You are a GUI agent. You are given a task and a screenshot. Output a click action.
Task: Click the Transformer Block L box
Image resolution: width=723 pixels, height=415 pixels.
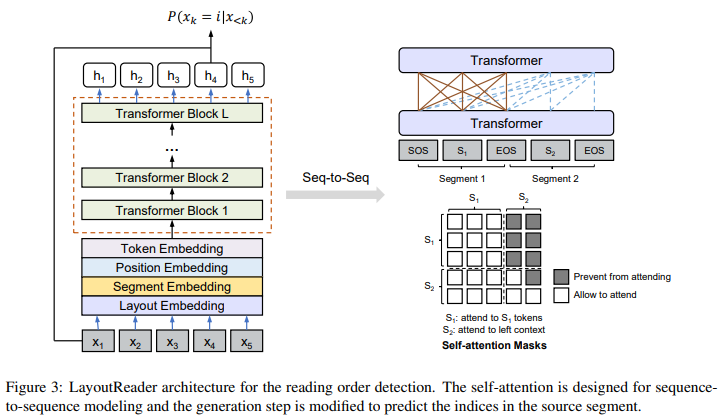click(x=172, y=113)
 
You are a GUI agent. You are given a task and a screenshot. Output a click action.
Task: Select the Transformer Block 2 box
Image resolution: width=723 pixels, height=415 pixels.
click(x=172, y=178)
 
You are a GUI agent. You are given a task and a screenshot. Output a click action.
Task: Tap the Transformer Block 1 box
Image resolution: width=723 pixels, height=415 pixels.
click(x=172, y=210)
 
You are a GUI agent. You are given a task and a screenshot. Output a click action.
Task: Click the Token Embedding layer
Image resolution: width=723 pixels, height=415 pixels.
click(x=172, y=248)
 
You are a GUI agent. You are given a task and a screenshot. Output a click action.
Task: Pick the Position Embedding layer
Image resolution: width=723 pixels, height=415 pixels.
click(x=172, y=267)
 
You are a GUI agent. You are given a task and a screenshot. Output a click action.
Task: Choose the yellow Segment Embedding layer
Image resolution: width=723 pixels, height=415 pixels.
click(x=172, y=286)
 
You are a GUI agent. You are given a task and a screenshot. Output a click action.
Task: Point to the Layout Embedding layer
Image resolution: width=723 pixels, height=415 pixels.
click(x=172, y=306)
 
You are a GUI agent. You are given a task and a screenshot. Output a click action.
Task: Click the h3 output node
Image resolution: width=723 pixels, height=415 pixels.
click(x=173, y=75)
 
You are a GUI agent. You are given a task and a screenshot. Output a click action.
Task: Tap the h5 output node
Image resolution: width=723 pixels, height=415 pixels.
click(x=248, y=75)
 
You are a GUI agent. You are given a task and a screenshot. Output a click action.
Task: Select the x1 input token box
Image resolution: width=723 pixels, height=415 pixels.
click(x=98, y=341)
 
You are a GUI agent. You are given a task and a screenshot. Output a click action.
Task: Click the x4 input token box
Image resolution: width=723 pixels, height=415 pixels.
click(x=209, y=341)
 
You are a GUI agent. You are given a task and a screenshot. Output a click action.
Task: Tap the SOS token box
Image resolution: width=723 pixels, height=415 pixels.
click(x=418, y=150)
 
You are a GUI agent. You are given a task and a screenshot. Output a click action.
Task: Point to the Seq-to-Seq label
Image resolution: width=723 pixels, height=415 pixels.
click(x=336, y=178)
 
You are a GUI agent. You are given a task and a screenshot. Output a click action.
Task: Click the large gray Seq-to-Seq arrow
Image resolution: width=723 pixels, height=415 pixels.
click(x=335, y=195)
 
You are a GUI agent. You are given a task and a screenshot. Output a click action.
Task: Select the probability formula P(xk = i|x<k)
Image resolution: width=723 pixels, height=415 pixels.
click(x=210, y=18)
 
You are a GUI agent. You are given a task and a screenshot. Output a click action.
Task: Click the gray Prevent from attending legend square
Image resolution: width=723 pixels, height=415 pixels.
click(x=561, y=277)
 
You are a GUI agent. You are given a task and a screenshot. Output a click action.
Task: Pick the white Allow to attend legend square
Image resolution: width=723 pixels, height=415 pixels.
click(x=561, y=295)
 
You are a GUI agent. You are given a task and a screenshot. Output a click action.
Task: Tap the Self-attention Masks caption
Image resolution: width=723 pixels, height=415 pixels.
click(x=494, y=345)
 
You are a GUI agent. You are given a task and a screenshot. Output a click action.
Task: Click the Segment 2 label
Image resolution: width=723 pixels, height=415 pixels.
click(x=555, y=179)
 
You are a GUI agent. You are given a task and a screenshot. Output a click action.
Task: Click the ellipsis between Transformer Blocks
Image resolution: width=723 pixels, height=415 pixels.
click(x=172, y=150)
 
